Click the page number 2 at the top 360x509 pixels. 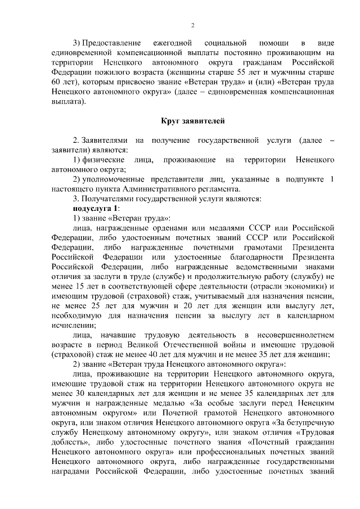(192, 25)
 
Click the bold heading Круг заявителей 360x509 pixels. (192, 120)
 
